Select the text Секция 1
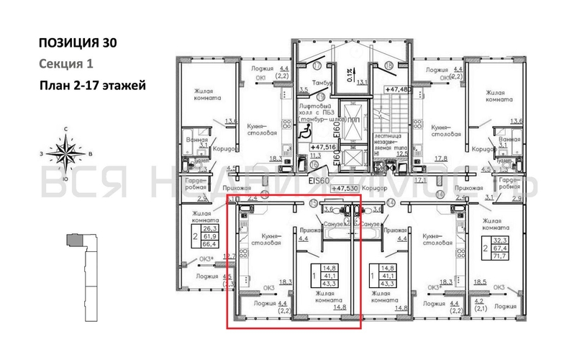click(64, 64)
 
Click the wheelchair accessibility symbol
click(304, 131)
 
